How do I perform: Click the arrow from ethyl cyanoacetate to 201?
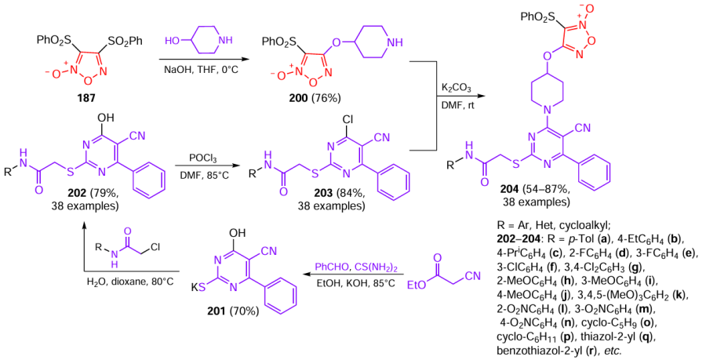coord(352,276)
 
